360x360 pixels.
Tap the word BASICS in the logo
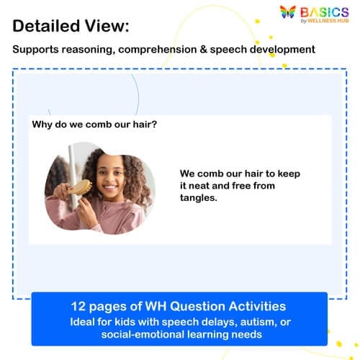(x=325, y=11)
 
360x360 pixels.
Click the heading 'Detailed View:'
(x=71, y=26)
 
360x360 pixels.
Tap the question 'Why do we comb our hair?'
(x=94, y=124)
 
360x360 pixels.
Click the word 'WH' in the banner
(x=158, y=305)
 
